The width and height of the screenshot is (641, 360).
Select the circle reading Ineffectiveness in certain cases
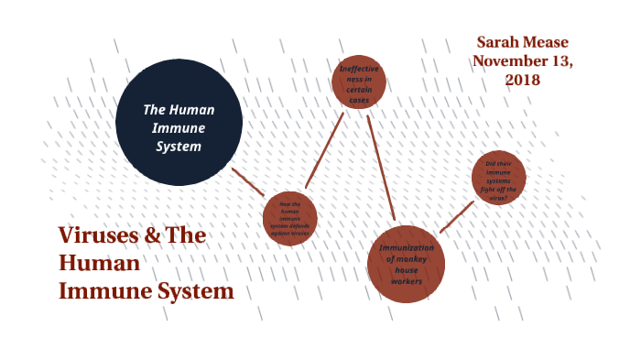tap(359, 82)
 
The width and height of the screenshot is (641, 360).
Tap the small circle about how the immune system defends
tap(289, 218)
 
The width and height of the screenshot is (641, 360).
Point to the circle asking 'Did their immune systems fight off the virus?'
tap(499, 177)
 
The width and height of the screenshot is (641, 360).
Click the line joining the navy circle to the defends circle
tap(247, 181)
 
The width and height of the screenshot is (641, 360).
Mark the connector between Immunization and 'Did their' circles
tap(456, 217)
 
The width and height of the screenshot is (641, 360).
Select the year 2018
tap(522, 80)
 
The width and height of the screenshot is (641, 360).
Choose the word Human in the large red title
tap(99, 264)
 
